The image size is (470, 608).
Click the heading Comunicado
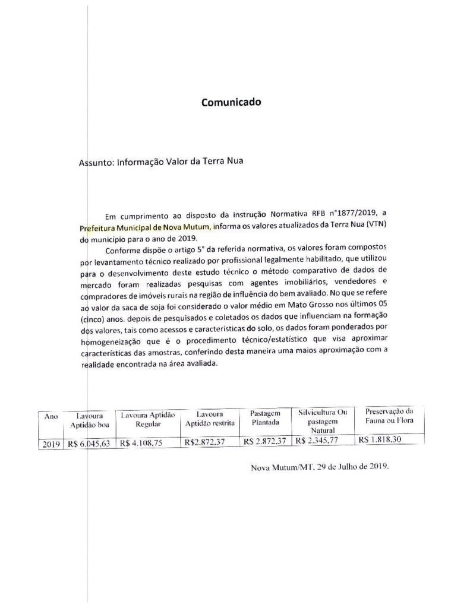[231, 102]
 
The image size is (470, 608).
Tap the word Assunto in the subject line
[95, 161]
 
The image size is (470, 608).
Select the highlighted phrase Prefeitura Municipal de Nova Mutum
[144, 227]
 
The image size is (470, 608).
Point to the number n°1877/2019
[354, 213]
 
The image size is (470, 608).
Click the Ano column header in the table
[51, 416]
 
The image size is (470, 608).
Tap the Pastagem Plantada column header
[265, 418]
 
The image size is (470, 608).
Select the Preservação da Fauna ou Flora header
[389, 416]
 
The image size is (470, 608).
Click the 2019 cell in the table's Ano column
[52, 444]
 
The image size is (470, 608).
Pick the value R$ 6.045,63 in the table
[89, 444]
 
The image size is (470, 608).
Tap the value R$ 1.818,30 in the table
[380, 440]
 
